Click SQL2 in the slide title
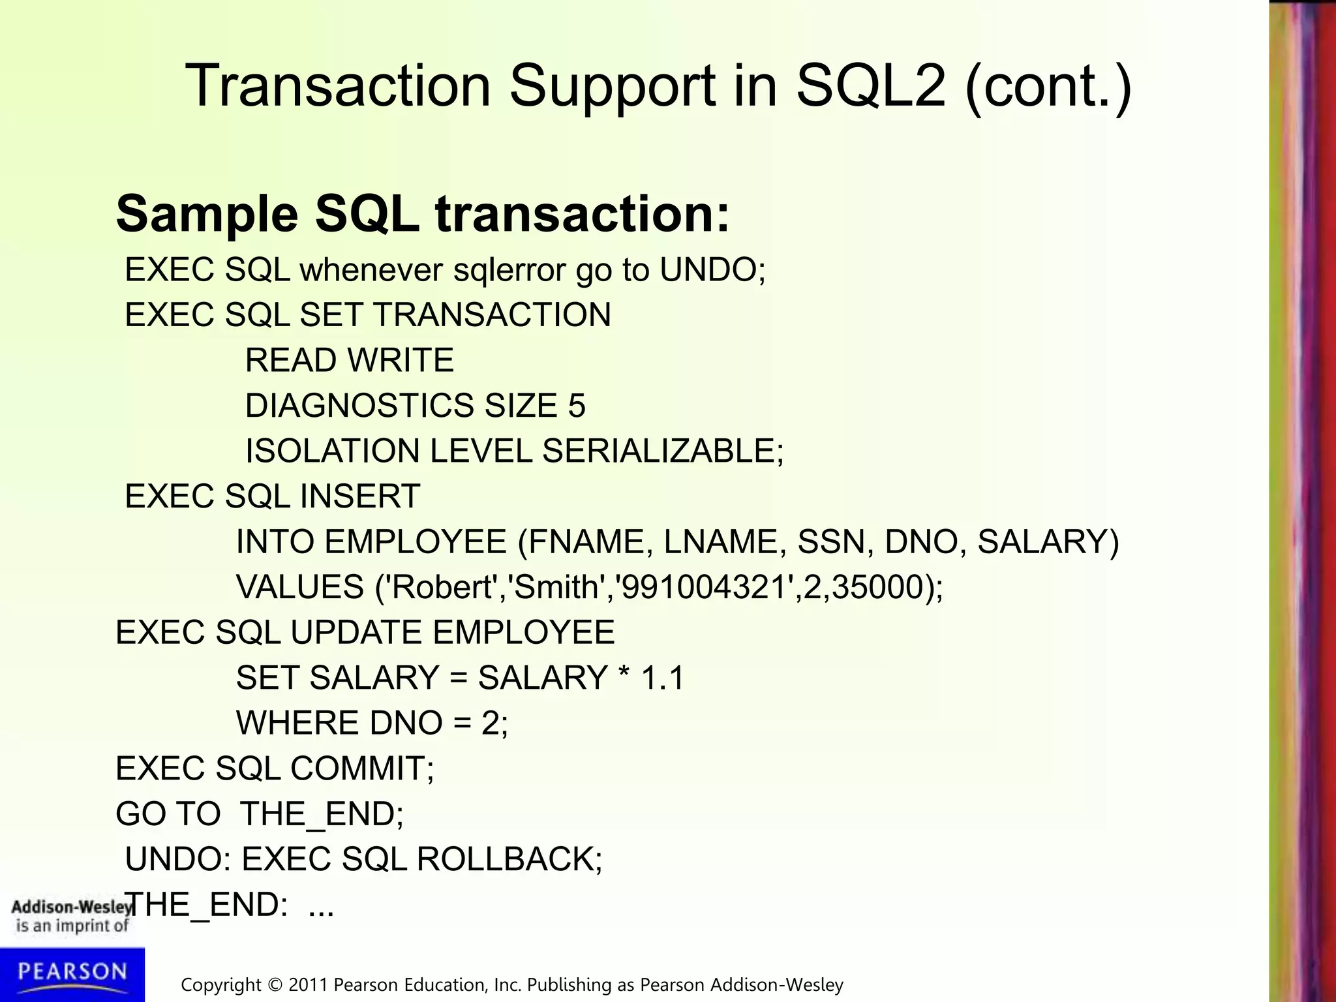[870, 87]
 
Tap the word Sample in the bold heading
[207, 214]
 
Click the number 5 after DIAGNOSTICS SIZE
[577, 406]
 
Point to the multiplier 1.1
[663, 678]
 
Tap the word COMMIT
[357, 768]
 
